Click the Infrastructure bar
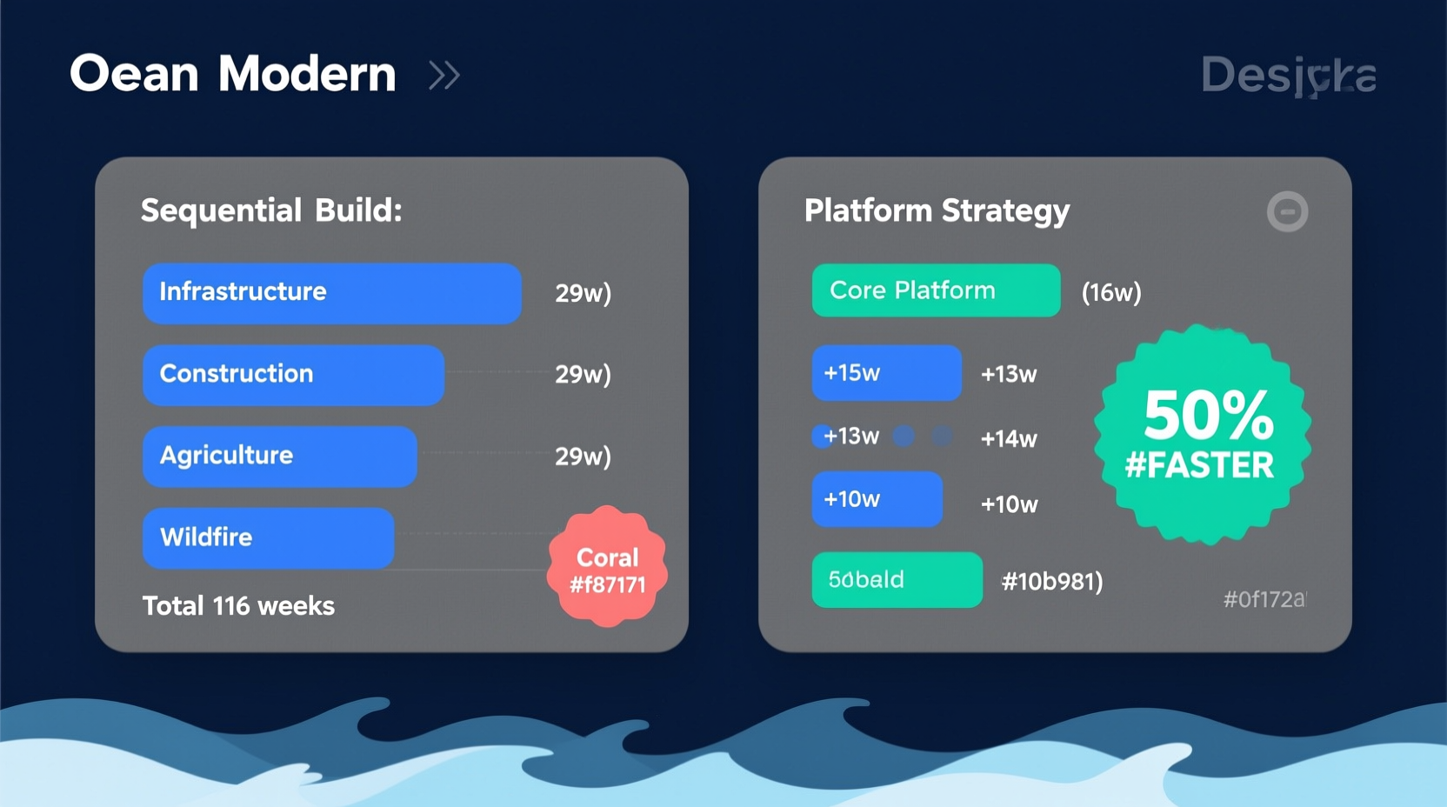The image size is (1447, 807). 331,293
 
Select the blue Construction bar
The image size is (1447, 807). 293,375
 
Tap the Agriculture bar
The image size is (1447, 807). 279,456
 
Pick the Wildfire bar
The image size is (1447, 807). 268,537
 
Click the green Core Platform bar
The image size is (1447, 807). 935,290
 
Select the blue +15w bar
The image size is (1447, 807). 886,373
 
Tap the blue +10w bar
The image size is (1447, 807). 877,499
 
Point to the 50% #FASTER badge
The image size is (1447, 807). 1203,435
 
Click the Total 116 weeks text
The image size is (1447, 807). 238,606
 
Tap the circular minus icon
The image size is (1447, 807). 1287,211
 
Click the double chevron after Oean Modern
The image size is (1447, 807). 443,76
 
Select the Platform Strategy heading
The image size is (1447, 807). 937,211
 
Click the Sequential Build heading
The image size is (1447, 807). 271,211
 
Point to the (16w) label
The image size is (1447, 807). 1110,293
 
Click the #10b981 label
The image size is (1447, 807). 1051,582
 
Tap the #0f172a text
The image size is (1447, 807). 1264,599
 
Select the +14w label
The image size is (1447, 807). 1008,439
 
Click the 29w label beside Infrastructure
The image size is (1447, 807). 583,294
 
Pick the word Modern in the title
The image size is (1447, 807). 306,74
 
